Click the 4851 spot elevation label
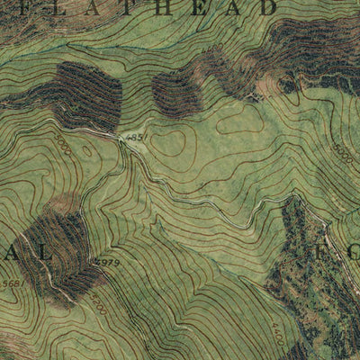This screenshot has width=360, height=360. point(136,137)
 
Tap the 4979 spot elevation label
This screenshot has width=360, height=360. point(106,263)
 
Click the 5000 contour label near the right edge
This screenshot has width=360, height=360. point(343,154)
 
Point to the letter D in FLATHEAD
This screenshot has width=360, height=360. point(266,8)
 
